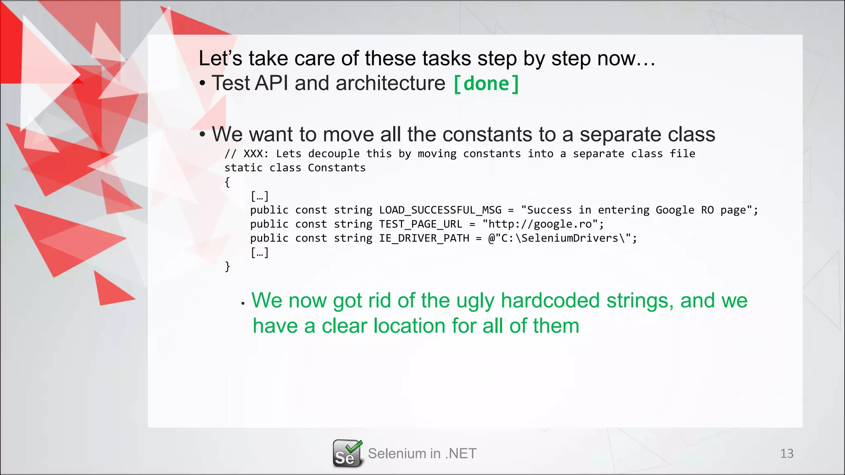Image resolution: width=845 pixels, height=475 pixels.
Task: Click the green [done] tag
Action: point(486,84)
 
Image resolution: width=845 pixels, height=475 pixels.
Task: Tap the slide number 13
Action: point(786,454)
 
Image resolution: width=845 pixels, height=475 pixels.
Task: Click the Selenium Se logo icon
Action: point(347,454)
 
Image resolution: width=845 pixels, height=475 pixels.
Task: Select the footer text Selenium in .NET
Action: point(422,454)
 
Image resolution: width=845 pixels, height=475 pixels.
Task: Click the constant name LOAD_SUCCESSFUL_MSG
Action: point(440,210)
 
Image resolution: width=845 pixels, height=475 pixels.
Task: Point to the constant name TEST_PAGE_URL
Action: point(420,224)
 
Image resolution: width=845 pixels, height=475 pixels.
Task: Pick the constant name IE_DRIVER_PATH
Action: point(424,238)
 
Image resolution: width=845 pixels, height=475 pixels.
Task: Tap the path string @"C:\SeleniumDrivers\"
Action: point(559,238)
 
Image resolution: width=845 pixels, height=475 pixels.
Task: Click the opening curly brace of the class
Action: point(227,182)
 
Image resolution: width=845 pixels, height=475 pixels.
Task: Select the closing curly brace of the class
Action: point(227,267)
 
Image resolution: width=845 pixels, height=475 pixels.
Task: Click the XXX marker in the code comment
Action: point(253,154)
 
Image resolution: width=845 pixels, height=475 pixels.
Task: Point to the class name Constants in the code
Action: point(337,168)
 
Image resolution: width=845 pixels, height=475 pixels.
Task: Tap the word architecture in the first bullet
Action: point(390,83)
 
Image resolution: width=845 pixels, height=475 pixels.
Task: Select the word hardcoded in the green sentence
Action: point(550,300)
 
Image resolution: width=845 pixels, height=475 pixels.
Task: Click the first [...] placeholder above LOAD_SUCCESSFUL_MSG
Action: point(260,196)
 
